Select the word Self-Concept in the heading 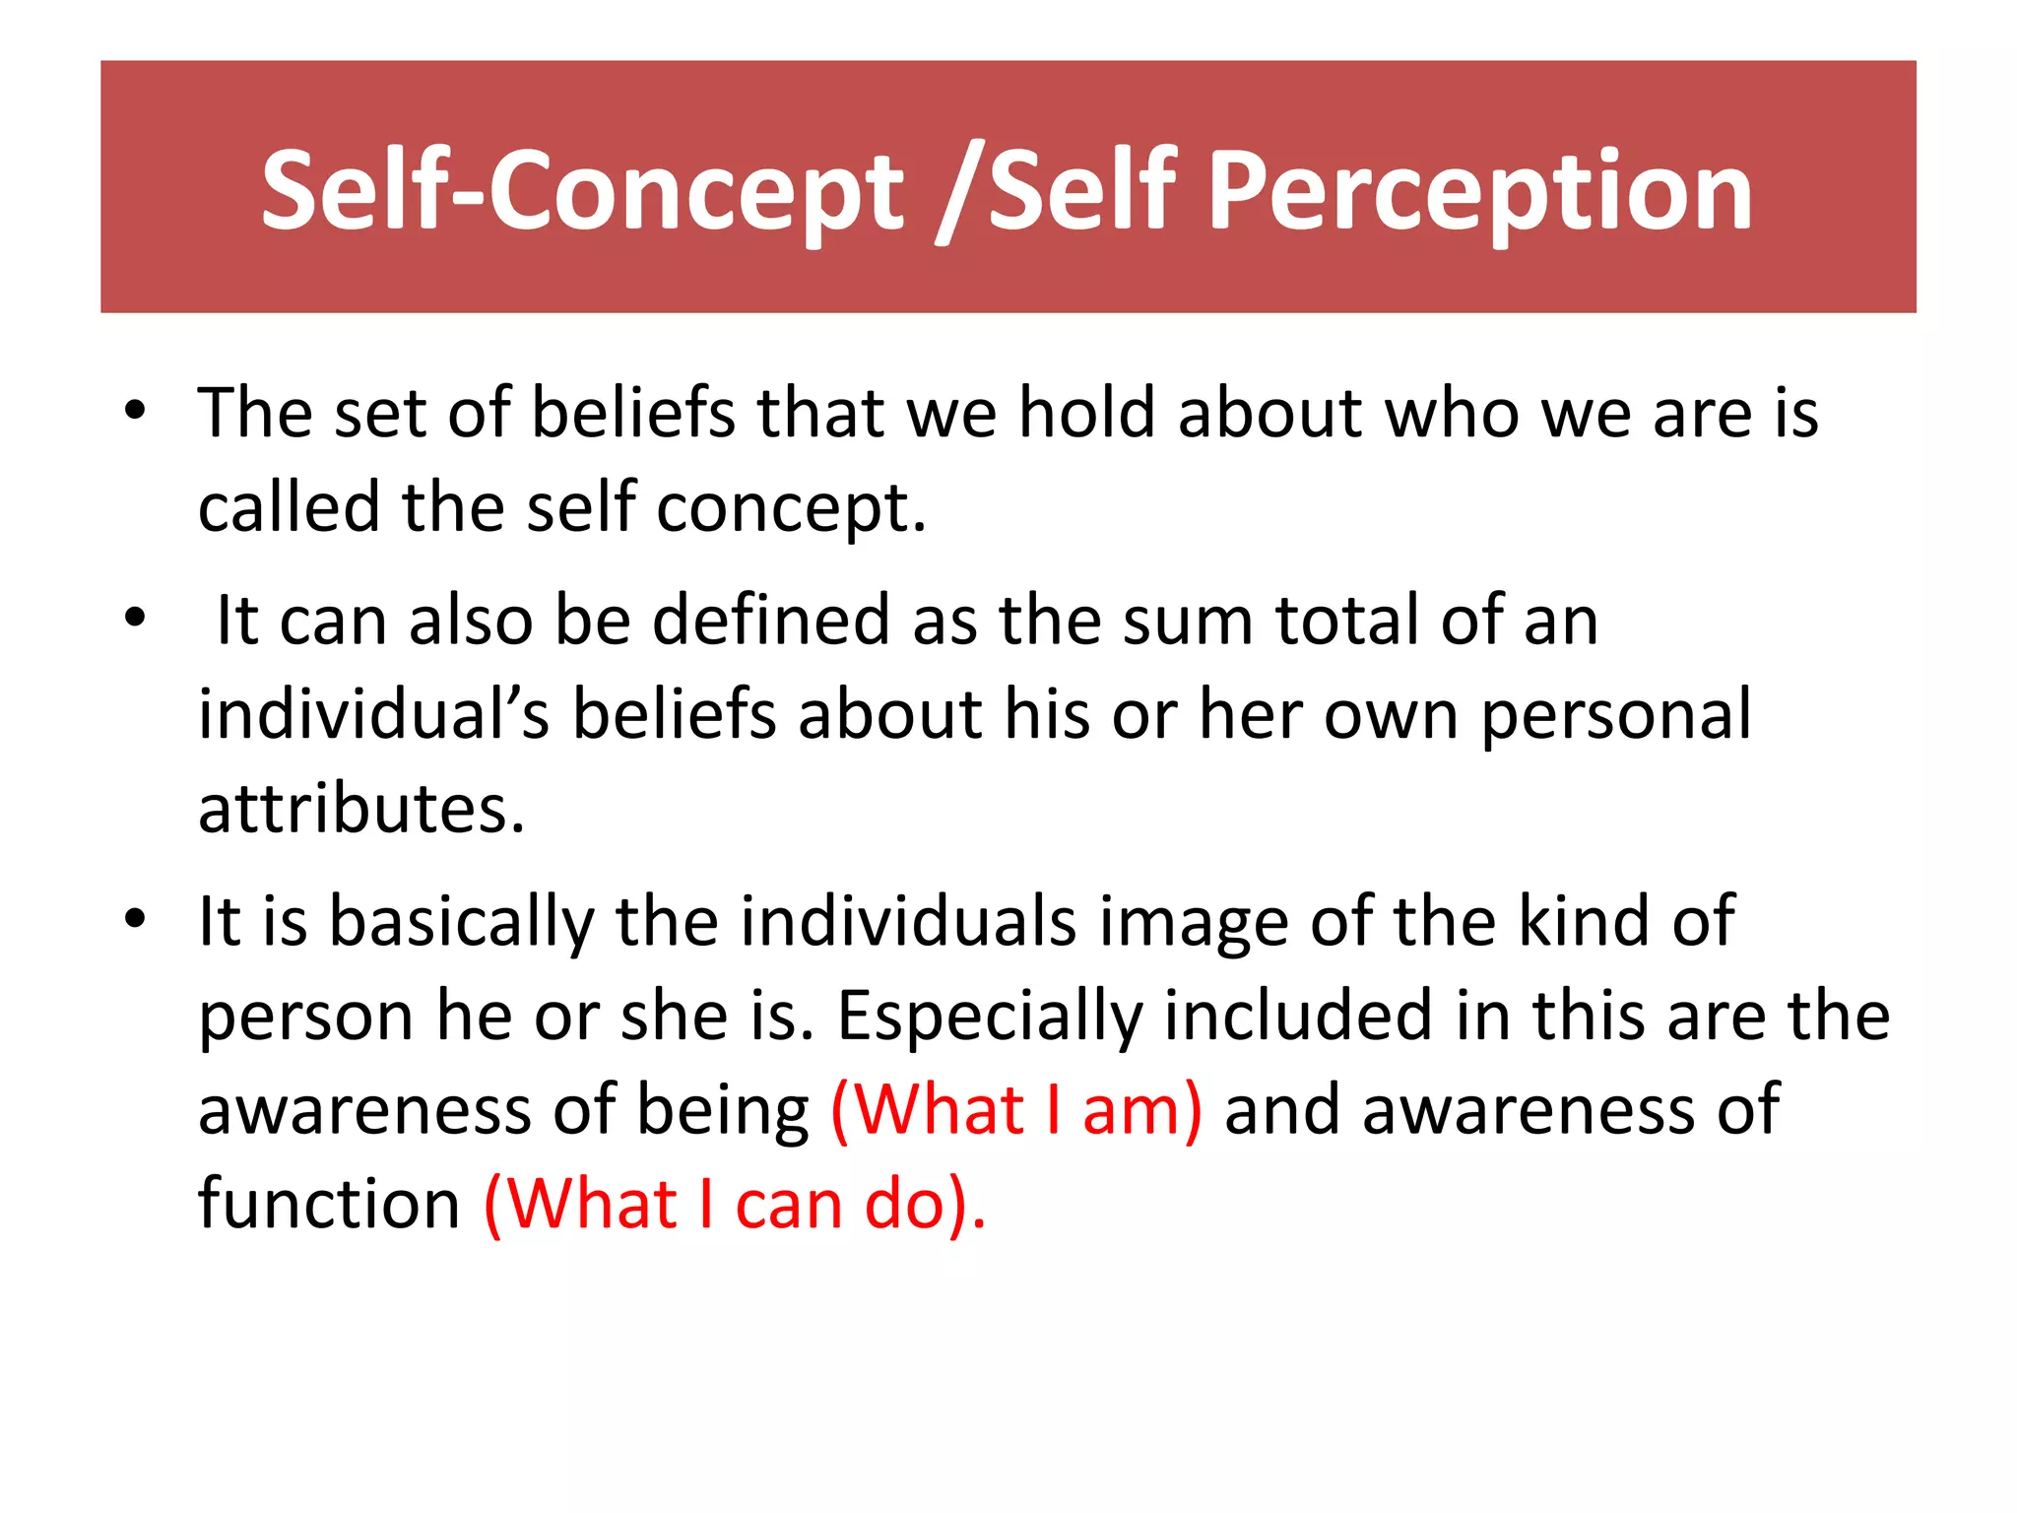click(581, 192)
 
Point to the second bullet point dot click(135, 618)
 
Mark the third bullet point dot click(135, 918)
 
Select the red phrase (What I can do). click(735, 1204)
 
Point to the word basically click(461, 922)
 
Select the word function click(329, 1204)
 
